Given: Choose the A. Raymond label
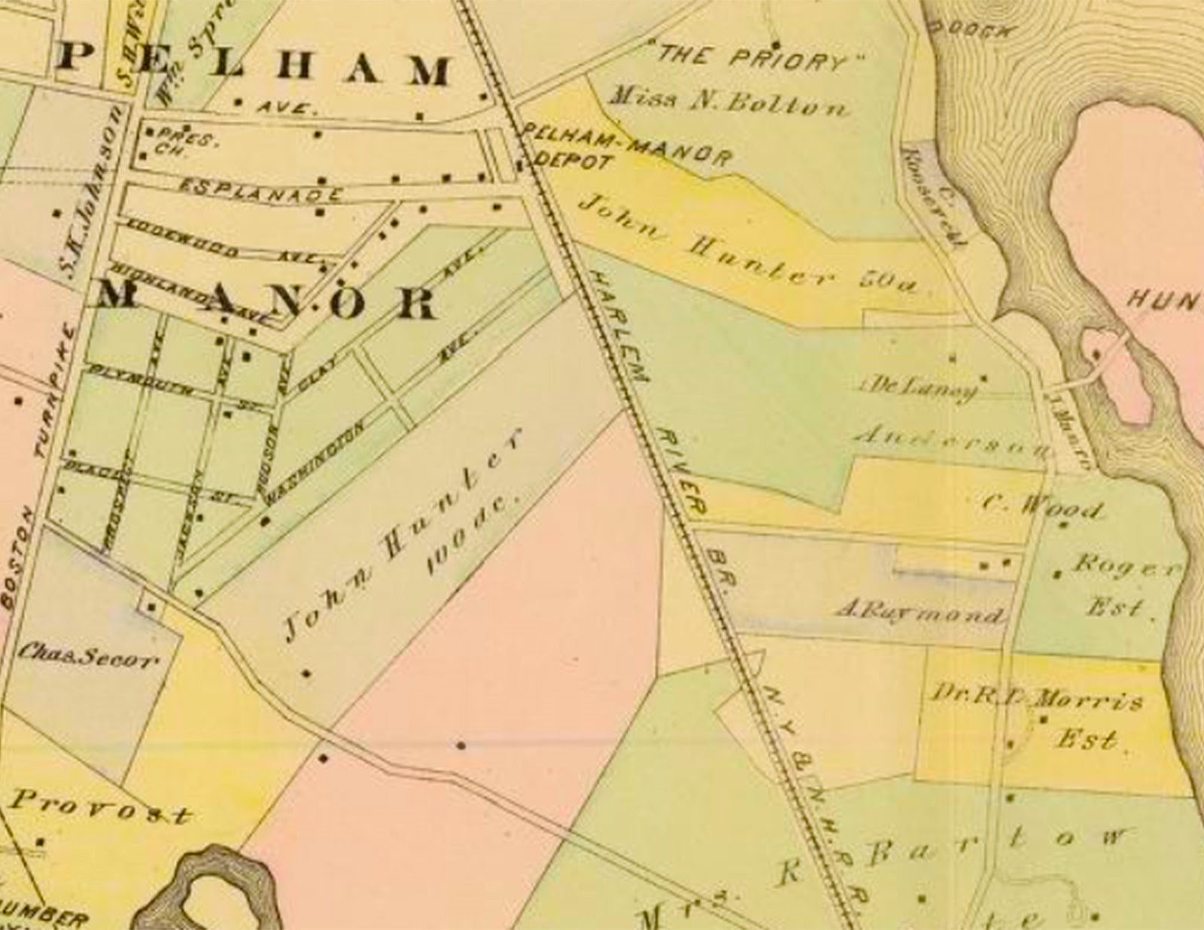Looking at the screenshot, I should click(920, 612).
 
